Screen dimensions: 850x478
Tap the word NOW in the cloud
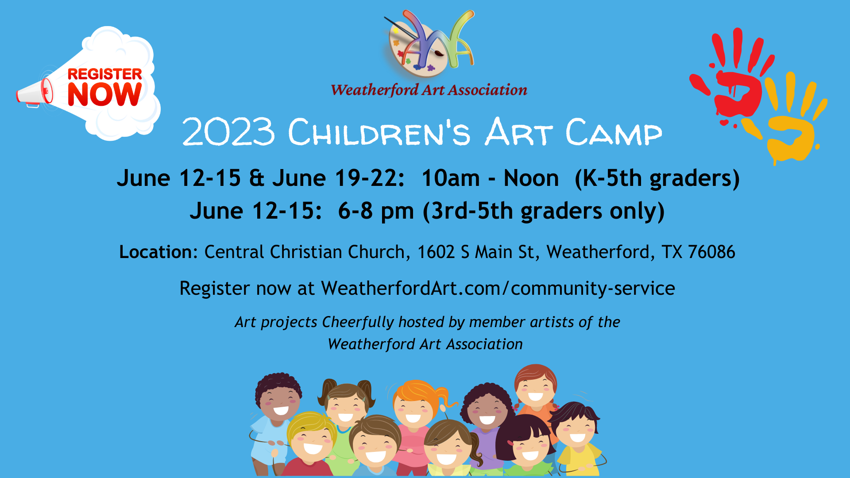(104, 94)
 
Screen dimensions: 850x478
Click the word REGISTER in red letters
(104, 74)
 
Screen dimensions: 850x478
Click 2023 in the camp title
(228, 132)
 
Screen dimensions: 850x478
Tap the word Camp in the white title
(614, 132)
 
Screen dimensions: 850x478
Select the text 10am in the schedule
(451, 178)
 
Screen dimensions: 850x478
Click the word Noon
(531, 178)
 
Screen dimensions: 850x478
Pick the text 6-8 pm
(376, 211)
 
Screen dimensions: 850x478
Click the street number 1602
(436, 252)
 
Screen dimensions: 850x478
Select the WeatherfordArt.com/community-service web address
(498, 289)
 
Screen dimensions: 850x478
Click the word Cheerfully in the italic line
(358, 322)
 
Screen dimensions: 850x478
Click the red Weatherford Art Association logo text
(429, 90)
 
